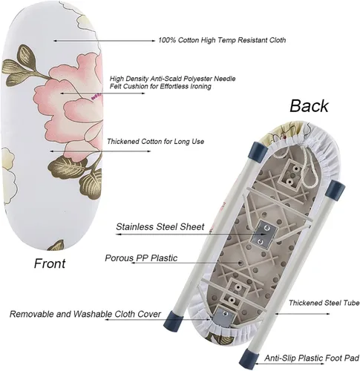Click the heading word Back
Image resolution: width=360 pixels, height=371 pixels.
309,106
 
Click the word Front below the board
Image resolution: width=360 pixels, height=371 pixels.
50,263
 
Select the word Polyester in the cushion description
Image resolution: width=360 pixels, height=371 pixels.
197,79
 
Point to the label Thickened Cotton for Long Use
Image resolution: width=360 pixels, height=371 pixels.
156,142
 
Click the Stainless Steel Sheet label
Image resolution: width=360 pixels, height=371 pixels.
160,227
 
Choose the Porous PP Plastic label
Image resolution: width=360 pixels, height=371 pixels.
141,258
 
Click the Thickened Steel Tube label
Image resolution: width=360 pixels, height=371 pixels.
324,303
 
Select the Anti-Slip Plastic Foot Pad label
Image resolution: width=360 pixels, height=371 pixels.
312,358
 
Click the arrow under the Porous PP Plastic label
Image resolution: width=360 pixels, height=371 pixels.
186,263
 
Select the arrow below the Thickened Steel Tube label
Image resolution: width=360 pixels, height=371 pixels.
302,314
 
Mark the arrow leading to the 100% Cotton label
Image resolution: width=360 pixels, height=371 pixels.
104,41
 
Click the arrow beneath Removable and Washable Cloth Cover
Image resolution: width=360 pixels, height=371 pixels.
157,319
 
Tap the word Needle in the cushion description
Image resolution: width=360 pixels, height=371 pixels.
225,79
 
